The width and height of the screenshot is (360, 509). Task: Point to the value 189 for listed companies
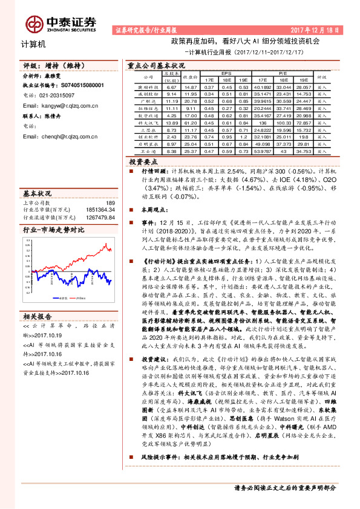[110, 203]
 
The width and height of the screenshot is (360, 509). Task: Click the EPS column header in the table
[226, 73]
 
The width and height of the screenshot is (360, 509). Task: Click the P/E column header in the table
[282, 73]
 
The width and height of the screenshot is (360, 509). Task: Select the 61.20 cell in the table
[191, 122]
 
